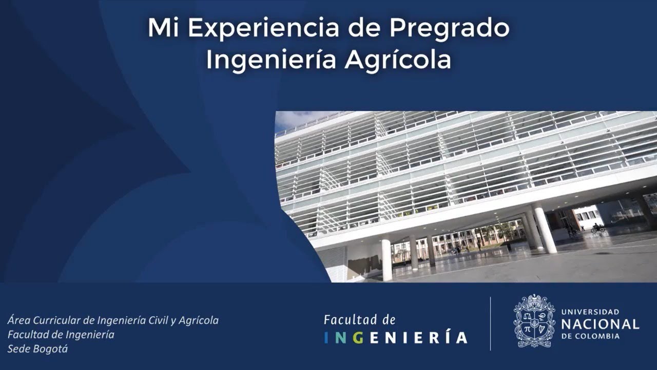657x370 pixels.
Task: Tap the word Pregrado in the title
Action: pos(449,28)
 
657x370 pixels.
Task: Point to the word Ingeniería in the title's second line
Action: pos(271,60)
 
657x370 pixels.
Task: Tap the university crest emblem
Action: pos(534,322)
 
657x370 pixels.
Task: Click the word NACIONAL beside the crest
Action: pos(600,324)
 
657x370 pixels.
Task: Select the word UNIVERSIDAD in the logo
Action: pos(590,312)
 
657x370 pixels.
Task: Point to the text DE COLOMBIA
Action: pos(590,336)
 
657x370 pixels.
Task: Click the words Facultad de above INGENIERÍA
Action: pos(359,320)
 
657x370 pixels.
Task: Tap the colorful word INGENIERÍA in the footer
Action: pos(396,338)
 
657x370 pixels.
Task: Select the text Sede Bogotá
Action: pos(37,349)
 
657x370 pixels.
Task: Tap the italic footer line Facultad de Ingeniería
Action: pos(61,335)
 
